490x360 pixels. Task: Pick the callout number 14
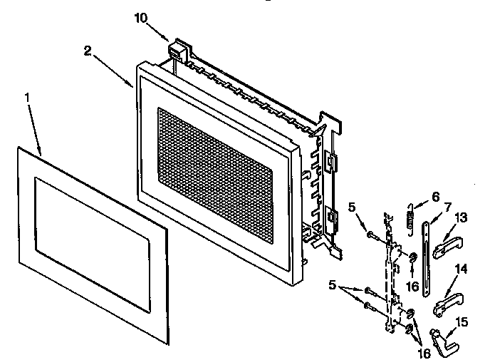[x=460, y=269]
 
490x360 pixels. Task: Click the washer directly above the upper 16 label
[x=412, y=257]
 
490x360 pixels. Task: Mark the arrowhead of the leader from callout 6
[x=414, y=208]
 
